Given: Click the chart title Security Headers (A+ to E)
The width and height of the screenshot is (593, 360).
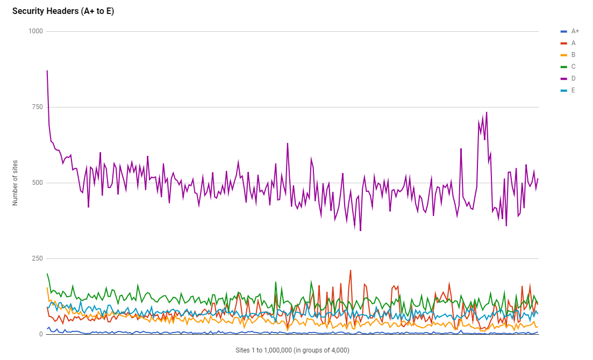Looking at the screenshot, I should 63,11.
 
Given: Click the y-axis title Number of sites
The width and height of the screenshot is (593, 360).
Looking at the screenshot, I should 15,183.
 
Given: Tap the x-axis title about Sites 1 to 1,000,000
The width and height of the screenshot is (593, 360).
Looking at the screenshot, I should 292,350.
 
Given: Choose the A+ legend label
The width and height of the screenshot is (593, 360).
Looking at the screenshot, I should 575,31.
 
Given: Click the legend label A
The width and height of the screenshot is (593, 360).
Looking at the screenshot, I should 573,43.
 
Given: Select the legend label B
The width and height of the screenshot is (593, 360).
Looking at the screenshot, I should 573,55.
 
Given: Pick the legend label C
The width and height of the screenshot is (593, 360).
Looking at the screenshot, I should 573,67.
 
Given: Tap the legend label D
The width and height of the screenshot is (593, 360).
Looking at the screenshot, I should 573,78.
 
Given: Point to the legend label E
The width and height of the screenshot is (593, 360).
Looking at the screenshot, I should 573,90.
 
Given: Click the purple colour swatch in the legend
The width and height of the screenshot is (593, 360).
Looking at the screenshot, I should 563,78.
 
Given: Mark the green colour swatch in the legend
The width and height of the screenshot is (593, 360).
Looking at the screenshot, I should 563,67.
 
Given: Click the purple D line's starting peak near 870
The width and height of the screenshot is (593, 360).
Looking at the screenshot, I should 47,71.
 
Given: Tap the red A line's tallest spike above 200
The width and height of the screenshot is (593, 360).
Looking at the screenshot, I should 351,271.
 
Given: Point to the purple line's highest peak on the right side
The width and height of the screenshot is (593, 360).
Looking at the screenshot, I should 487,113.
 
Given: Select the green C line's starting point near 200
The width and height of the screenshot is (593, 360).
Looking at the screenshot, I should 47,274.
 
